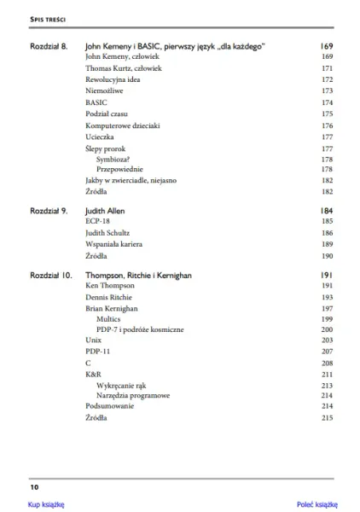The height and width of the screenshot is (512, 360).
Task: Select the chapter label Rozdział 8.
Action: point(49,45)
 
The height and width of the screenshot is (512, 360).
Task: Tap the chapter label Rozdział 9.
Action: point(49,209)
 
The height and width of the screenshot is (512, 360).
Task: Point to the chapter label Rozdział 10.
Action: point(51,276)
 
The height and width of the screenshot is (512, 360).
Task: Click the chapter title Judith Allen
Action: point(106,209)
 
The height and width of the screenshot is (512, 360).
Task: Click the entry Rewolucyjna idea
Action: point(113,79)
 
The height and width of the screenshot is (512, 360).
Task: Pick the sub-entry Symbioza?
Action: point(116,158)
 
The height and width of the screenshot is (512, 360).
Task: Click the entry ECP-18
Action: point(98,220)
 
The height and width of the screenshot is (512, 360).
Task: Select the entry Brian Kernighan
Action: point(112,307)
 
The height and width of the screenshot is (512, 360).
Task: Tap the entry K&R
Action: point(94,374)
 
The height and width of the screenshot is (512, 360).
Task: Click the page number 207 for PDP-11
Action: point(326,352)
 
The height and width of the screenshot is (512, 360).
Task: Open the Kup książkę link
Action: point(47,504)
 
